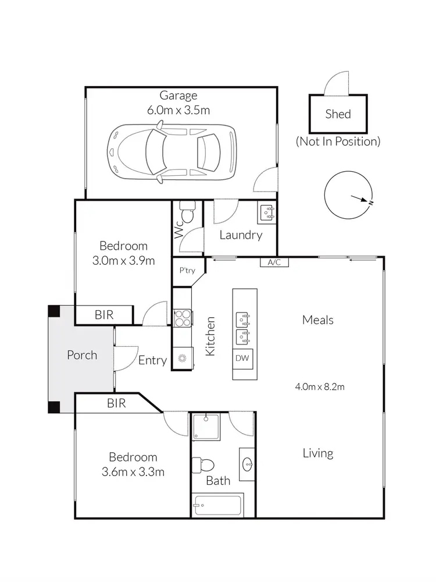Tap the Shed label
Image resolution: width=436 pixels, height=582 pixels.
coord(338,114)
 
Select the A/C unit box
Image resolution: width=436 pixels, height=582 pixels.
coord(274,262)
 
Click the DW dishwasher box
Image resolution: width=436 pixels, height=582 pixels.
coord(242,359)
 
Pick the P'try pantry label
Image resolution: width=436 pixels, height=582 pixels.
coord(187,270)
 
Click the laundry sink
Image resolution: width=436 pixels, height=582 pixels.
coord(267,213)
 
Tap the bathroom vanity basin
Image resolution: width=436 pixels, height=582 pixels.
coord(247,464)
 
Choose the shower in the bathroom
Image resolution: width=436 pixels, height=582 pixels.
coord(206,426)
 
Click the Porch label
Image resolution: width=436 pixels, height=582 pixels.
coord(82,355)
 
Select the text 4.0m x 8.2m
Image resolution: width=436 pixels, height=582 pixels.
coord(317,386)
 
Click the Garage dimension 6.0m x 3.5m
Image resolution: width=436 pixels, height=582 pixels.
coord(178,109)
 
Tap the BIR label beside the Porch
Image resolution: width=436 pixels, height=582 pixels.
coord(104,315)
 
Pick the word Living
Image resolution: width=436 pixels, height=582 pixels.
coord(317,453)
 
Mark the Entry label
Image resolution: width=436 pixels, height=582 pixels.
coord(152,361)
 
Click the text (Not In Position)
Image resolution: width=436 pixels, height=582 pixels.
coord(338,141)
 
